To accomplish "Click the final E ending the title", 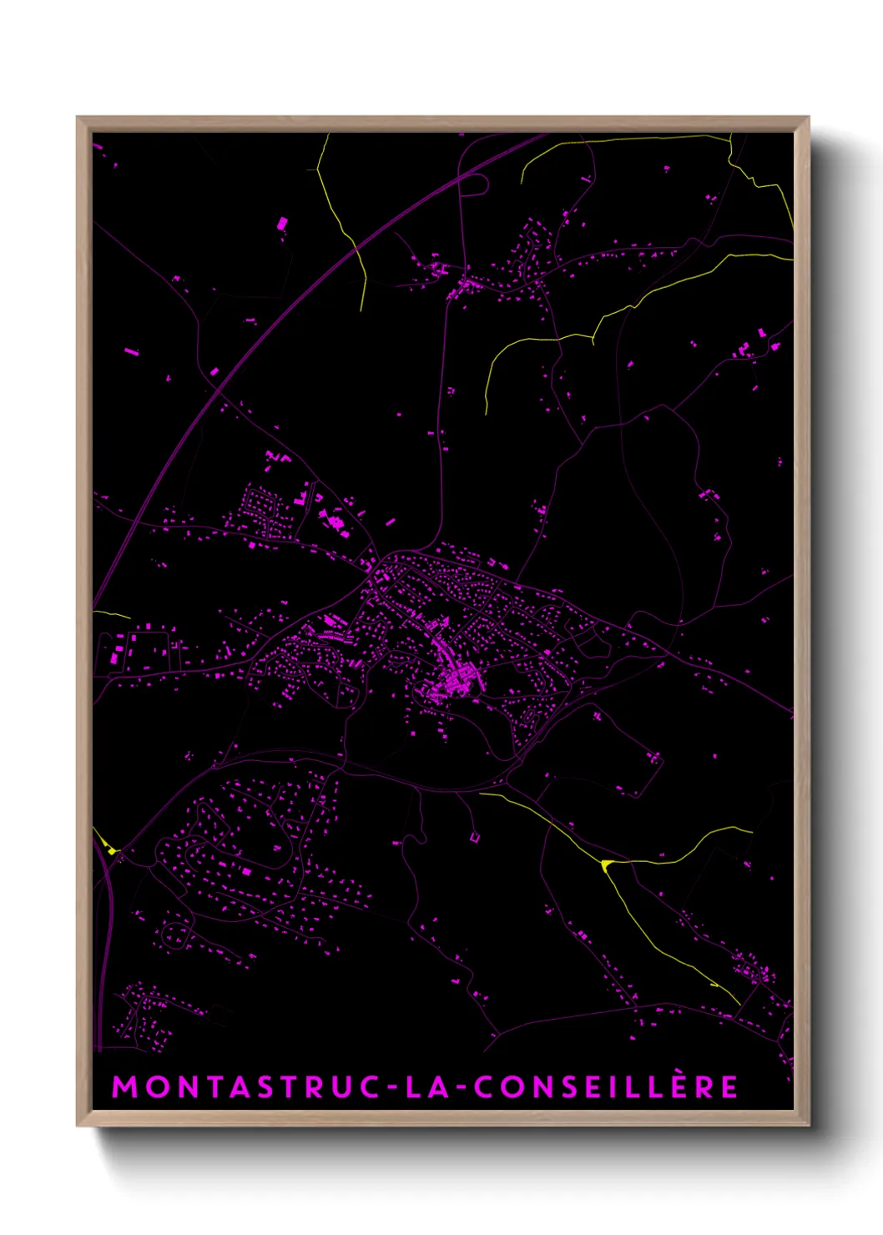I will tap(729, 1086).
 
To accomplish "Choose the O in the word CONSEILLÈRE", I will tap(512, 1086).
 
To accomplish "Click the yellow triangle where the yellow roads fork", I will tap(606, 864).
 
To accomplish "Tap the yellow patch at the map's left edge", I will tap(110, 849).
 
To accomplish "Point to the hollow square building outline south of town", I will tap(474, 836).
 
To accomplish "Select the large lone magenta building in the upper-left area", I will tap(282, 223).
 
